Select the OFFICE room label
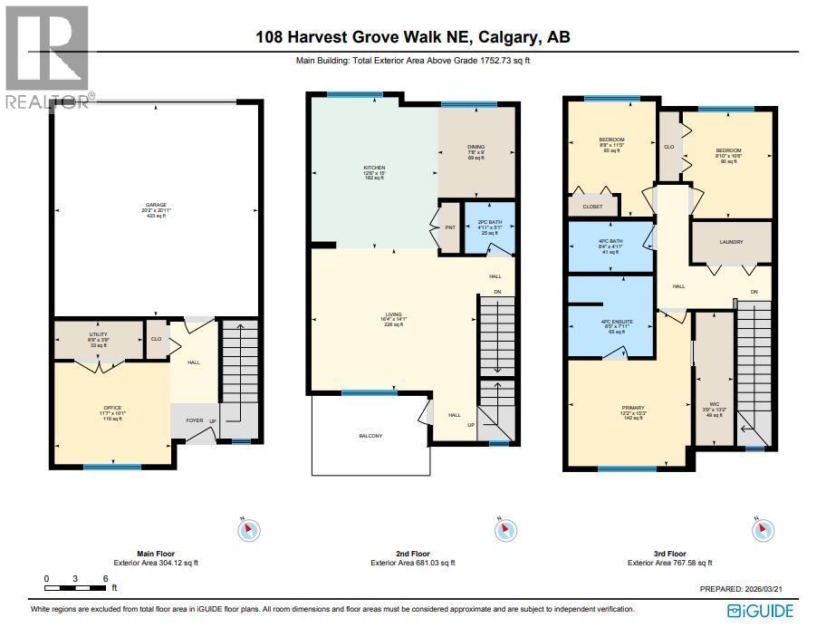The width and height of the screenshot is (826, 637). [x=112, y=409]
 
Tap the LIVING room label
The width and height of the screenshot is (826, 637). [x=393, y=314]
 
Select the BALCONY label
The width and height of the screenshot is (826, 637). [x=370, y=437]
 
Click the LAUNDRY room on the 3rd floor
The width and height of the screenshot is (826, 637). [x=730, y=243]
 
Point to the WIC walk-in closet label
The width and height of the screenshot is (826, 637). [x=715, y=406]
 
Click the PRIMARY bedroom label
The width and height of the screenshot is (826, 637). [x=620, y=408]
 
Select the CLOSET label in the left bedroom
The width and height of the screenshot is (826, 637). [x=592, y=207]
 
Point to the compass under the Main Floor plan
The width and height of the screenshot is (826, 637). [x=248, y=530]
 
